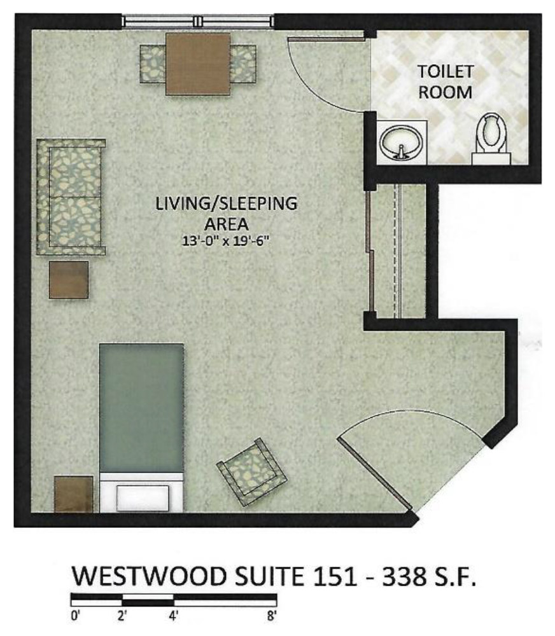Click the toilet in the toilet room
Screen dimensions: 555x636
point(491,139)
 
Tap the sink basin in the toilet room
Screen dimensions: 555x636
point(401,142)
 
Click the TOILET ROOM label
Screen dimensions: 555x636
point(446,82)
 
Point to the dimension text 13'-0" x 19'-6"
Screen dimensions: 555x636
point(226,241)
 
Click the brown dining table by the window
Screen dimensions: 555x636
point(198,64)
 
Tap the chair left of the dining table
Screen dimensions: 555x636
point(153,64)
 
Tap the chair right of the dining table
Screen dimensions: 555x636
point(243,64)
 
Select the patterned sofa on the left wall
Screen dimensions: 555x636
point(71,197)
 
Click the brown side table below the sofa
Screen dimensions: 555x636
point(69,280)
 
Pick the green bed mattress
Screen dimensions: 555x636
point(142,408)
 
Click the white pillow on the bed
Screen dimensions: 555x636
point(143,498)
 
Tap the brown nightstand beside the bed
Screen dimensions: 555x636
point(73,494)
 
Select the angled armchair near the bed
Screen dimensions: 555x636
point(251,472)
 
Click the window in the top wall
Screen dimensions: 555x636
point(198,21)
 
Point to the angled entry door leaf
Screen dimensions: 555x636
point(374,473)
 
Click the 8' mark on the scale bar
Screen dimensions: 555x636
point(272,616)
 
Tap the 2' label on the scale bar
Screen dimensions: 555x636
point(122,616)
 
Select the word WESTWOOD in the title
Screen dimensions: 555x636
point(149,576)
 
